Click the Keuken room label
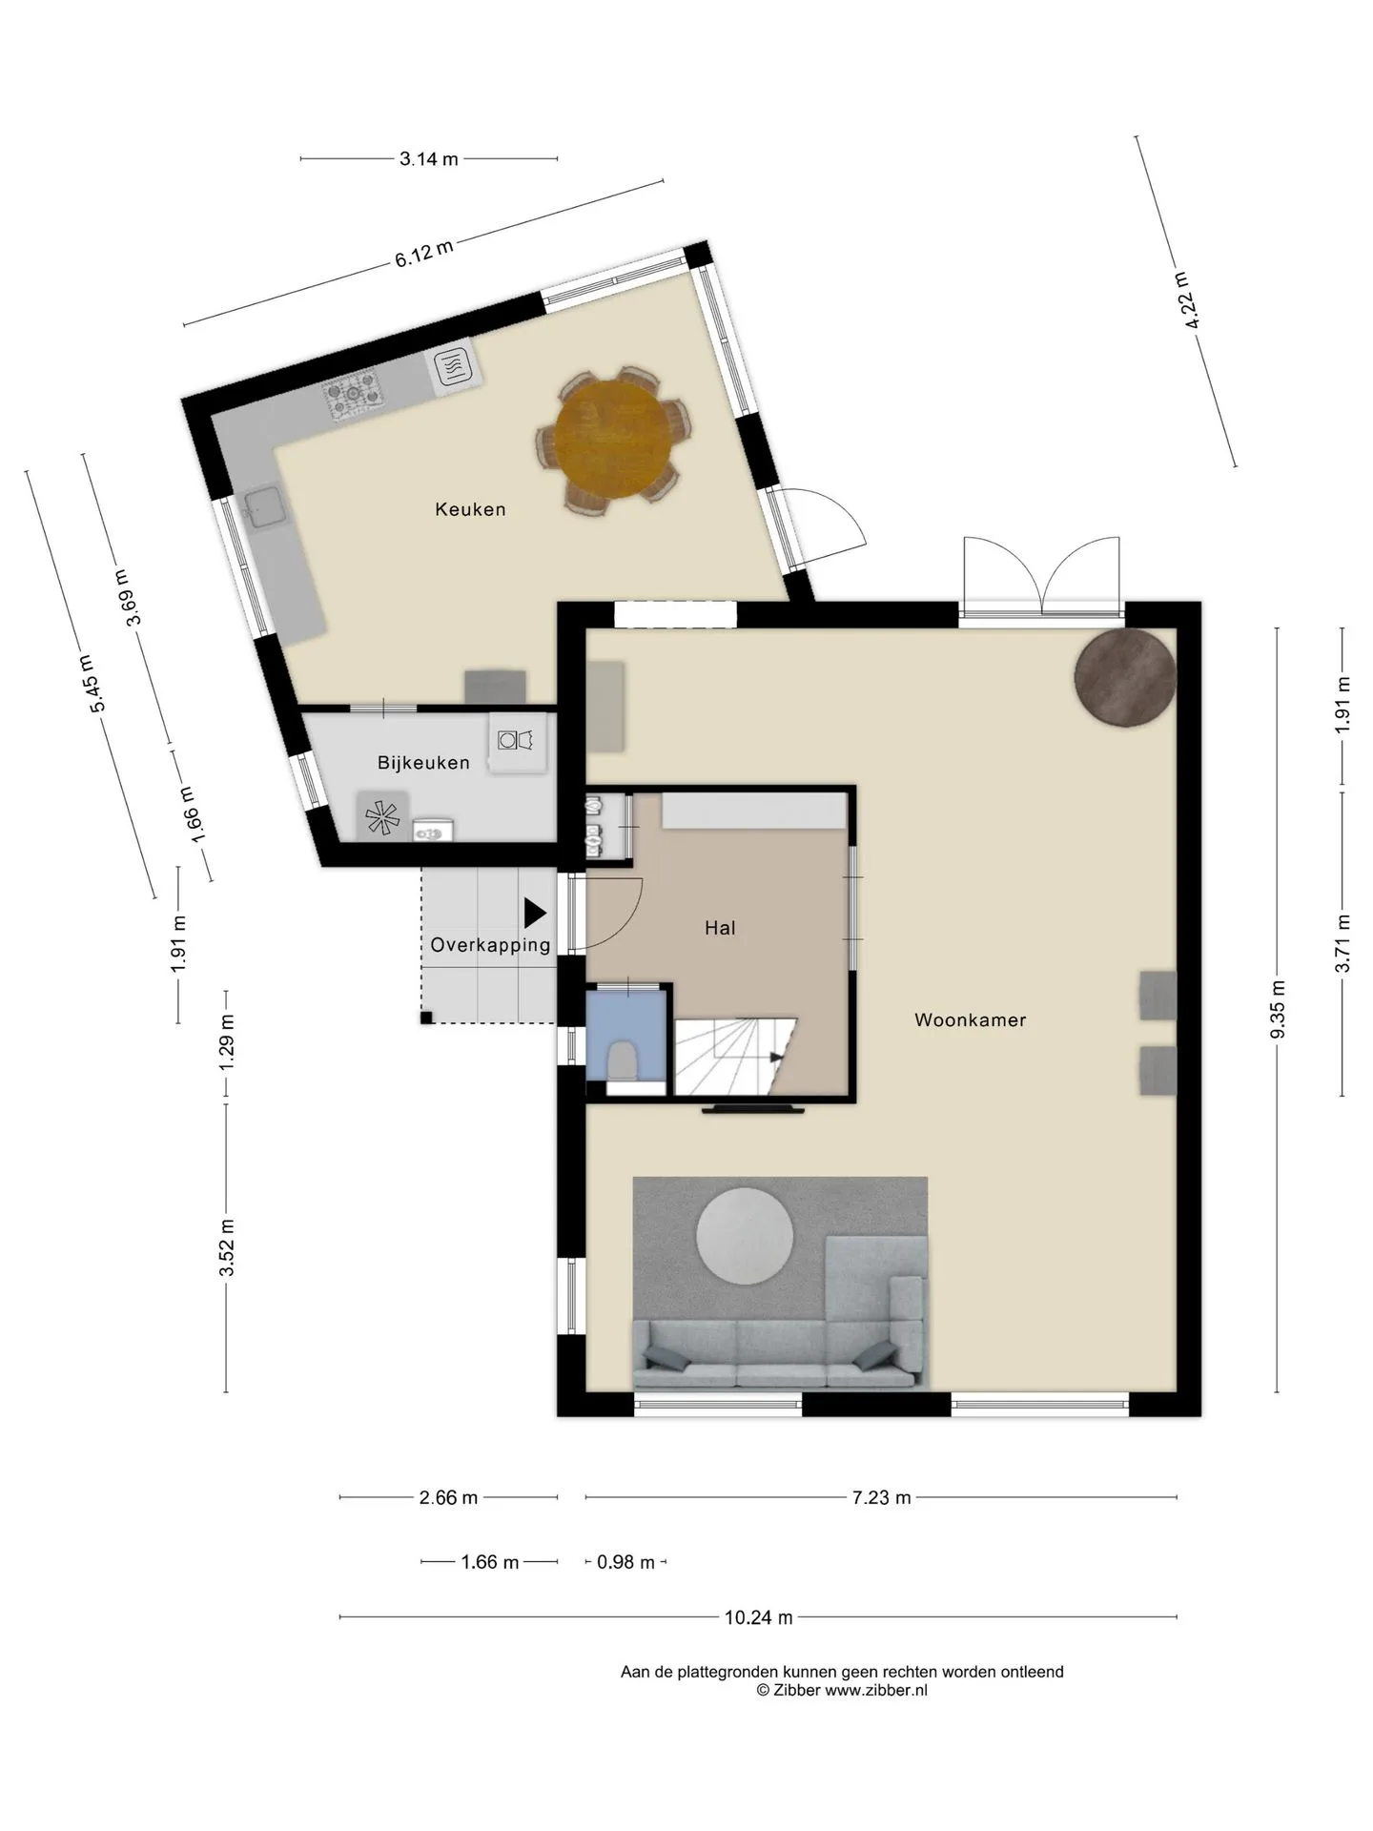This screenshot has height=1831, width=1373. coord(470,509)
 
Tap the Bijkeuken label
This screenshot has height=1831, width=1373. coord(423,763)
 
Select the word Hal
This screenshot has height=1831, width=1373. coord(720,928)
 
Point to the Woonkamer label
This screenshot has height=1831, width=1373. coord(971,1020)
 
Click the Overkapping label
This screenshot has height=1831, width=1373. coord(490,945)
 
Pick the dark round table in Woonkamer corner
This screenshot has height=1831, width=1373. coord(1125,678)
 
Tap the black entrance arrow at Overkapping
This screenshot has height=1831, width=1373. coord(535,914)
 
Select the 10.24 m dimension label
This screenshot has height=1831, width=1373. coord(759,1617)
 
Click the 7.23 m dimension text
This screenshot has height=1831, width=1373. coord(881,1497)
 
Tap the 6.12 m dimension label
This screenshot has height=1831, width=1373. coord(424,254)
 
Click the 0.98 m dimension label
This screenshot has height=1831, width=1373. coord(626,1562)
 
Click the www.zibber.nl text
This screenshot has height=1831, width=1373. coord(875,1691)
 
